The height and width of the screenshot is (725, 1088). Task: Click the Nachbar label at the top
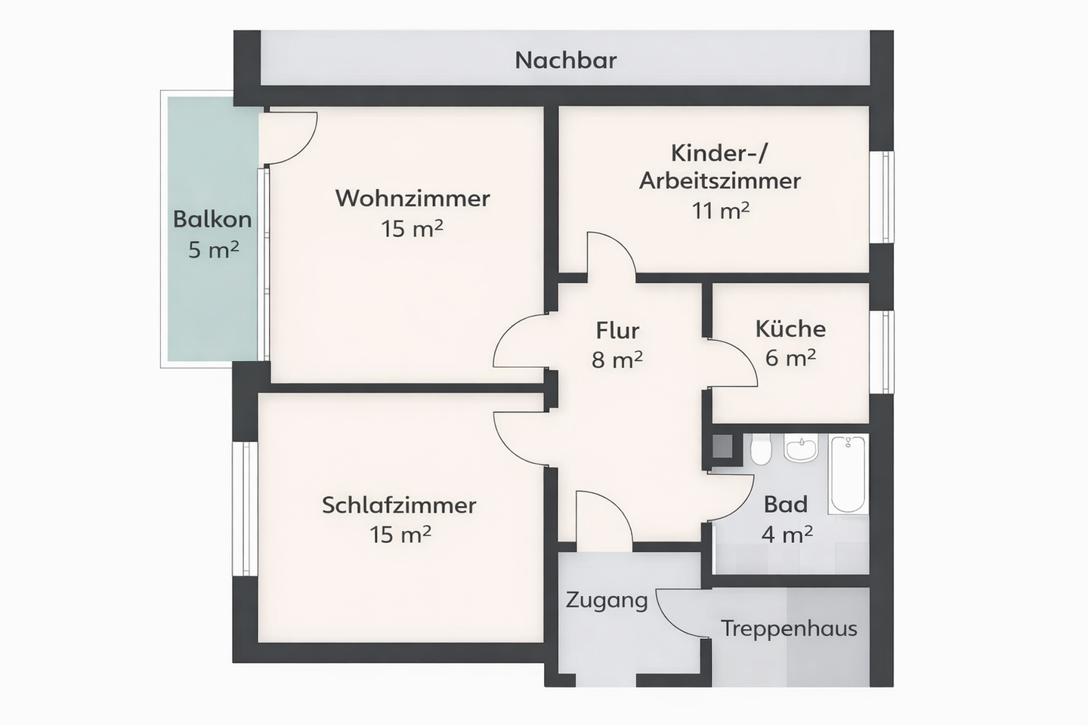(x=566, y=60)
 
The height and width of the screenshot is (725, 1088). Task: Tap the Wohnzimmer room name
(x=413, y=199)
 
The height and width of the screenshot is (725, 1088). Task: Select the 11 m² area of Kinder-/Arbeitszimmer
(x=720, y=211)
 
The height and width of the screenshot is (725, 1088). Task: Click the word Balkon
(x=212, y=220)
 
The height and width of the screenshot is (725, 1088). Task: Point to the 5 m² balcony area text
(x=213, y=249)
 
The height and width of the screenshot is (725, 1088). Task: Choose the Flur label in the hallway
(x=617, y=331)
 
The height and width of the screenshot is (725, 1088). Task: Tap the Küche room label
(x=790, y=329)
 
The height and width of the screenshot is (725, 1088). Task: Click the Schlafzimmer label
(x=399, y=505)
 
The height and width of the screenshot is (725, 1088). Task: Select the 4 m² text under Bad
(x=787, y=535)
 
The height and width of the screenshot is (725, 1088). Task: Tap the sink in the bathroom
(x=800, y=448)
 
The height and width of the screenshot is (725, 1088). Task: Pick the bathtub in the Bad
(x=848, y=474)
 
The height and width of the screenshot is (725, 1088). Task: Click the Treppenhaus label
(x=789, y=628)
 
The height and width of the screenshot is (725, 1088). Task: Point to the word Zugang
(x=607, y=600)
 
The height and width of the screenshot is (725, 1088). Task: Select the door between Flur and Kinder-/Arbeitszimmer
(x=610, y=255)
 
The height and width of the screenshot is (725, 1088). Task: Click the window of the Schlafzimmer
(x=246, y=508)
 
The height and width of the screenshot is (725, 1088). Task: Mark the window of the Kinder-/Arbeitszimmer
(x=881, y=197)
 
